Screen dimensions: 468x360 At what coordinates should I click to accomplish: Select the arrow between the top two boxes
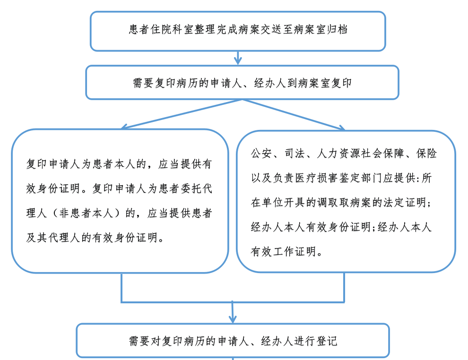click(x=238, y=58)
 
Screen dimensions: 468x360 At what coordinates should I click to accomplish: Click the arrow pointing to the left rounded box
click(x=182, y=114)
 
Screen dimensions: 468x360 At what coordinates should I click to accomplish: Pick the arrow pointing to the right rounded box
click(x=294, y=115)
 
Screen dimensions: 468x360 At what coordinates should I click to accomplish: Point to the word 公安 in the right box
click(x=261, y=153)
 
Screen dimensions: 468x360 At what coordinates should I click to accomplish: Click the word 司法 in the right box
click(x=295, y=153)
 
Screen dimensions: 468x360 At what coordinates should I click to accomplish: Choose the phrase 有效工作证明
click(x=283, y=251)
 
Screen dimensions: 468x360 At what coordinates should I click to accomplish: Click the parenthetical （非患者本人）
click(x=86, y=213)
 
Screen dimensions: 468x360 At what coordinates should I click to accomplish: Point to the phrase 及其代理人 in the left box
click(x=53, y=238)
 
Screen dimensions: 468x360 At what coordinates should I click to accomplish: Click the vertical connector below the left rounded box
click(x=121, y=288)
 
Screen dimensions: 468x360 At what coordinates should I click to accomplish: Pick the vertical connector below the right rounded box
click(x=344, y=287)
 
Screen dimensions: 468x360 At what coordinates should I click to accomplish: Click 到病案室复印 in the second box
click(x=320, y=83)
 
